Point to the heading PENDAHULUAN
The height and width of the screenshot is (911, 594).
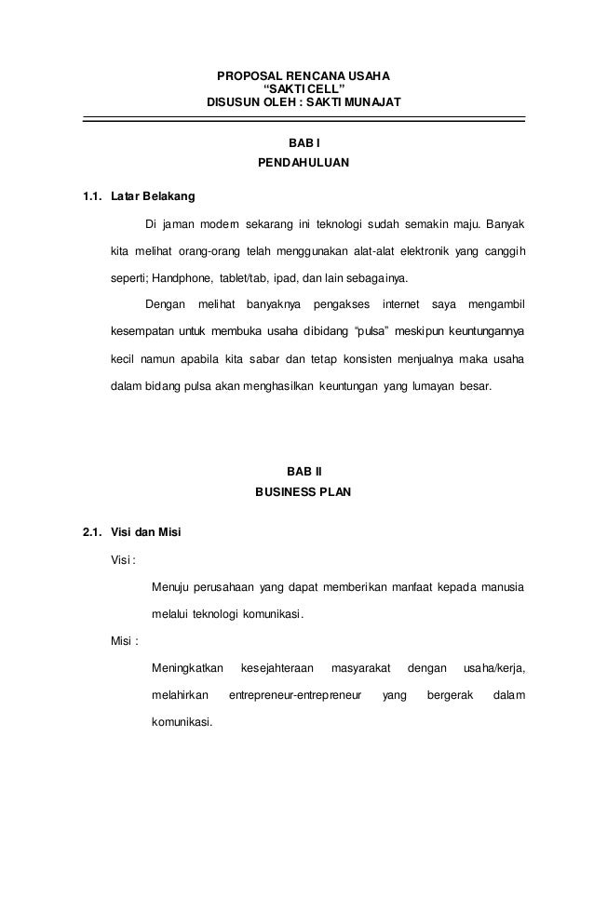304,166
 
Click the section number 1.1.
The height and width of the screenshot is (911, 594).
91,197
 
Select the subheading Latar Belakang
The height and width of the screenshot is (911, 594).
153,197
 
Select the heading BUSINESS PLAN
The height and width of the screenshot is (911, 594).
304,492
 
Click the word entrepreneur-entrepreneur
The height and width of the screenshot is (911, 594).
295,694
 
